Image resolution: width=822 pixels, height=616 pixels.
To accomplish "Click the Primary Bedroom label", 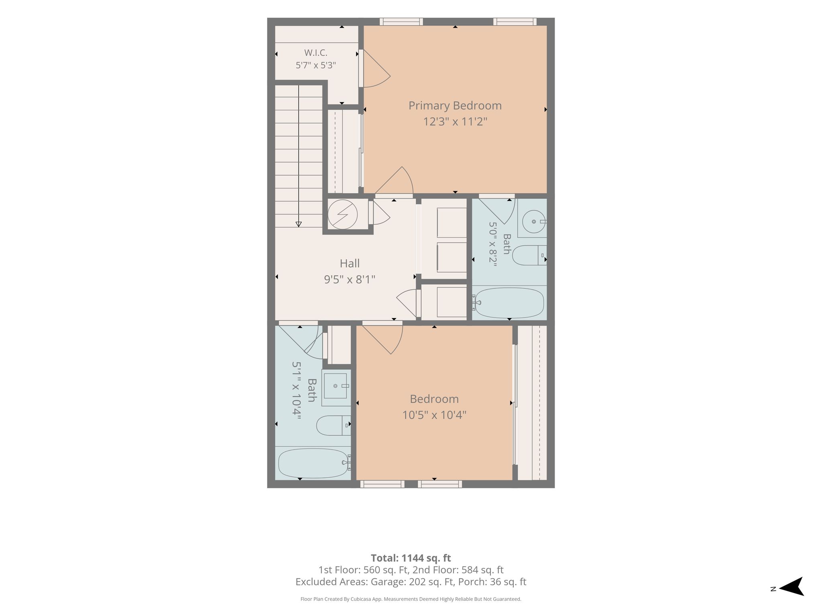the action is pyautogui.click(x=455, y=105).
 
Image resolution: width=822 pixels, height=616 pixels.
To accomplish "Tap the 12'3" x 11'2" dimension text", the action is pyautogui.click(x=455, y=122).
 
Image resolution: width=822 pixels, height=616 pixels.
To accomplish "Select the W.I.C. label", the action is pyautogui.click(x=316, y=53).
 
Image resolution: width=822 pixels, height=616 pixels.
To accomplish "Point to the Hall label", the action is pyautogui.click(x=350, y=263).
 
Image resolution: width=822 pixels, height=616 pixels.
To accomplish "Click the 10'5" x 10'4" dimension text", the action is pyautogui.click(x=434, y=415).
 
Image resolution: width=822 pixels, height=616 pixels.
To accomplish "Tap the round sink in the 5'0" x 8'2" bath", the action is pyautogui.click(x=534, y=221).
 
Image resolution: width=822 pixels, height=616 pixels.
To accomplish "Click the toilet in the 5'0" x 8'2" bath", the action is pyautogui.click(x=529, y=255).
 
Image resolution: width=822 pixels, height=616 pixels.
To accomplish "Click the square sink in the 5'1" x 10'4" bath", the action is pyautogui.click(x=336, y=386).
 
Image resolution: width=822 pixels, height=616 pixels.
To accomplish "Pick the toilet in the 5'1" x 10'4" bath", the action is pyautogui.click(x=334, y=426).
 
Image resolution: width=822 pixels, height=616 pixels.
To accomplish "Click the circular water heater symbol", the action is pyautogui.click(x=342, y=215).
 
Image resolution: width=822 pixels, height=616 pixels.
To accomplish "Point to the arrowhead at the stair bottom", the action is pyautogui.click(x=299, y=224).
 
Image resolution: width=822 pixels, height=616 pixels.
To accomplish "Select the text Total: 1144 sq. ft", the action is pyautogui.click(x=411, y=558).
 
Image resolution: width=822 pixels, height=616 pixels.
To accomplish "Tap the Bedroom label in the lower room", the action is pyautogui.click(x=434, y=399).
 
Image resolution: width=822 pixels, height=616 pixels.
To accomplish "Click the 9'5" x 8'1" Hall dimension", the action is pyautogui.click(x=350, y=279).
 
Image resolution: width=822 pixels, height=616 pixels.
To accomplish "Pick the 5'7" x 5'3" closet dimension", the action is pyautogui.click(x=316, y=65).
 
